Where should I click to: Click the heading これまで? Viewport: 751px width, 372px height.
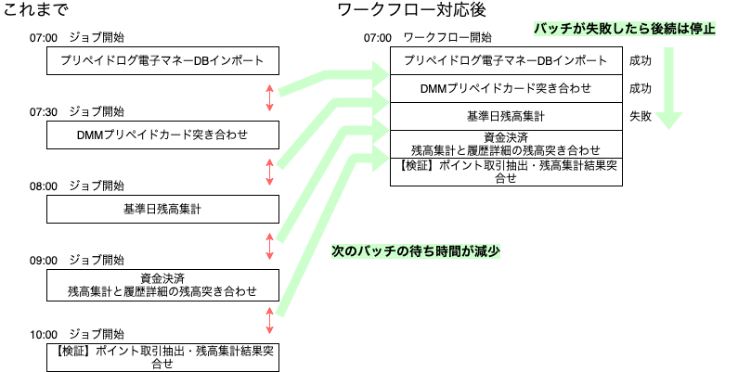coord(35,11)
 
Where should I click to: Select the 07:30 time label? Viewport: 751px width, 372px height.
coord(44,111)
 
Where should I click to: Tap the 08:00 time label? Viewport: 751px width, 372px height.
coord(44,186)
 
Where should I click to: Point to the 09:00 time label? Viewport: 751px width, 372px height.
coord(44,260)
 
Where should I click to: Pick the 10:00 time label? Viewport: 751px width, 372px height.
coord(44,334)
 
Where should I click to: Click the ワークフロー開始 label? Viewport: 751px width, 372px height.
coord(448,38)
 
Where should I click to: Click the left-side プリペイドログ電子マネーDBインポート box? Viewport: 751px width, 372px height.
coord(162,61)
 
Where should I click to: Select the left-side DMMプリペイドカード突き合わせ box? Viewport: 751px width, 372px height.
coord(162,135)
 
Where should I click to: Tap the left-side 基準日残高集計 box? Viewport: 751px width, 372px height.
coord(162,209)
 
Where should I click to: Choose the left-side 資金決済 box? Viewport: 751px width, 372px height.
coord(162,284)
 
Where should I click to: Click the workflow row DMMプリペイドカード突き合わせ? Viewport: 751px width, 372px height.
coord(506,90)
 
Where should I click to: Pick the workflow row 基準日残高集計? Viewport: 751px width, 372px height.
coord(506,117)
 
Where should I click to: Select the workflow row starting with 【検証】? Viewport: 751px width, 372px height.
coord(506,172)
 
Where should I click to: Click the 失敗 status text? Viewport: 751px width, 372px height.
coord(641,117)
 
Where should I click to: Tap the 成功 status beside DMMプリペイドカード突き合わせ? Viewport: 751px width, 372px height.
coord(641,90)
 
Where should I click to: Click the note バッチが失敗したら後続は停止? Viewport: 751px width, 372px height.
coord(626,28)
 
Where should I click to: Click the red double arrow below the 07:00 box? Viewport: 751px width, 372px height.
coord(269,97)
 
